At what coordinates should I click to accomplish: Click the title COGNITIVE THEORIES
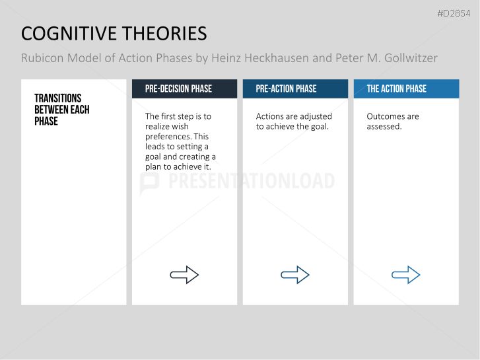[114, 34]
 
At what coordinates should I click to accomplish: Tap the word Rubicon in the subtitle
[44, 58]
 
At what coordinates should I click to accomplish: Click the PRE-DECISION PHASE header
[178, 89]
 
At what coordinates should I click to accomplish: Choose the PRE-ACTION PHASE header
[286, 89]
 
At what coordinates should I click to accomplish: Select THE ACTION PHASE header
[396, 89]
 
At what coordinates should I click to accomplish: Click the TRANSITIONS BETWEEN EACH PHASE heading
[62, 110]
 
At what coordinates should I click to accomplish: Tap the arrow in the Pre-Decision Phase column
[184, 275]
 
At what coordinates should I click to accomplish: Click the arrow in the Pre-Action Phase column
[295, 275]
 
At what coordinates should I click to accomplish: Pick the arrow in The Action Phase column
[406, 275]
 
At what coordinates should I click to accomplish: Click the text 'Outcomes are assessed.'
[392, 122]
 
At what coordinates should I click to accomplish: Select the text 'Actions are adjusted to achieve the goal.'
[293, 122]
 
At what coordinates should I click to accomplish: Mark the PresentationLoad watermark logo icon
[149, 182]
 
